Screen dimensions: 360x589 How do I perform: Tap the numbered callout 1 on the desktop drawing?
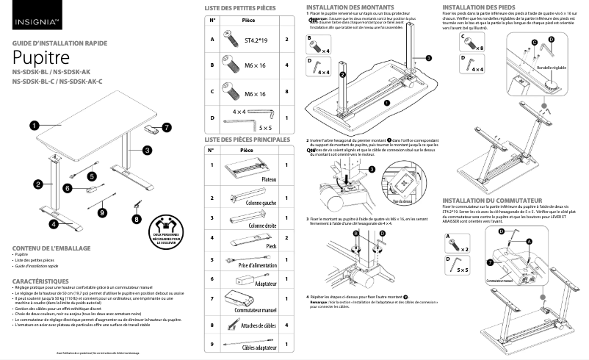pos(34,126)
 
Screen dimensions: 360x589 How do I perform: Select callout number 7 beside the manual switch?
pos(166,127)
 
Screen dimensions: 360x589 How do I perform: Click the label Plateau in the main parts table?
pos(269,179)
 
